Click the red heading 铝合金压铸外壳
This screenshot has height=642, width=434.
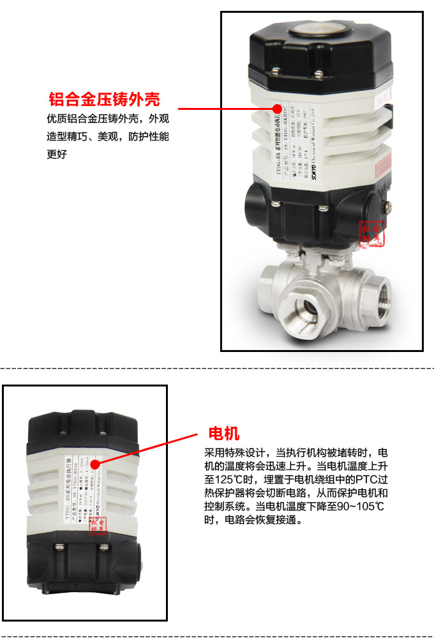pyautogui.click(x=104, y=100)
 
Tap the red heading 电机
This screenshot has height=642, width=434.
pyautogui.click(x=224, y=432)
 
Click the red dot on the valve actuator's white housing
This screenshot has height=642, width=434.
pyautogui.click(x=278, y=108)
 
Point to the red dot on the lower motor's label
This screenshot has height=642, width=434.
pyautogui.click(x=94, y=464)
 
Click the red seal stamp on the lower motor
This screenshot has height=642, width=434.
pyautogui.click(x=101, y=524)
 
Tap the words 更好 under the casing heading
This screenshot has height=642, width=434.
pyautogui.click(x=57, y=154)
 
